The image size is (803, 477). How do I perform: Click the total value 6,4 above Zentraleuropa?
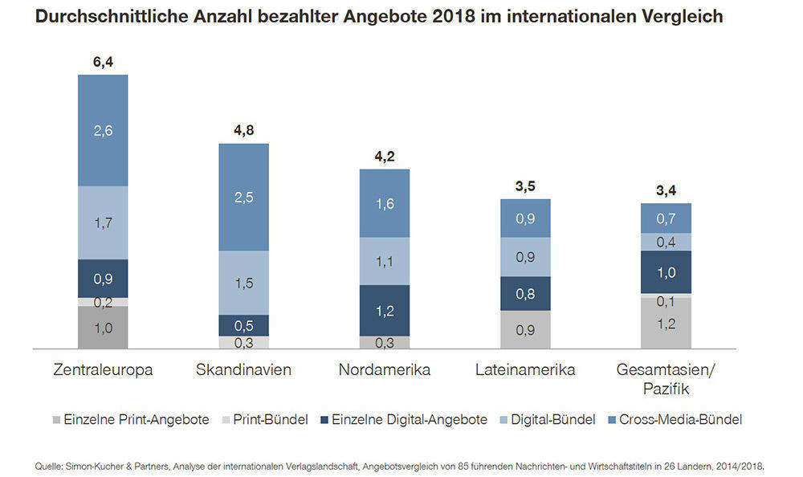click(x=103, y=59)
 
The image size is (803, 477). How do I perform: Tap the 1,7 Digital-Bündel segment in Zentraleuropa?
click(x=103, y=222)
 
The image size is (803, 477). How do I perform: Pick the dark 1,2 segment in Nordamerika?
click(x=384, y=310)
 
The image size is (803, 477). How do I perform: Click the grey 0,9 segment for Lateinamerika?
click(x=525, y=330)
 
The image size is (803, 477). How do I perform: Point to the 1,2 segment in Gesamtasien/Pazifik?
click(x=666, y=324)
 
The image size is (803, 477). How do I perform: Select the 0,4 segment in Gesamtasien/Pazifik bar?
click(x=666, y=242)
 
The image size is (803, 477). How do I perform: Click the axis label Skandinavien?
click(x=244, y=370)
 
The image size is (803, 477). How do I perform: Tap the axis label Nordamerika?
click(x=384, y=370)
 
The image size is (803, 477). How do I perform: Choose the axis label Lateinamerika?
click(x=525, y=370)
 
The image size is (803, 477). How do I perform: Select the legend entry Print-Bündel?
click(x=271, y=419)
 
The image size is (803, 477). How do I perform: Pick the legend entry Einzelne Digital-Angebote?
click(x=408, y=419)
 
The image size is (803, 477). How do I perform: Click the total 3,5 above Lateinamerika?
click(x=525, y=187)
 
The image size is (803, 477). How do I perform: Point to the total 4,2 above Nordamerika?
click(x=384, y=157)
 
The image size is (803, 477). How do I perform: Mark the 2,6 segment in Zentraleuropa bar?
click(x=103, y=130)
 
